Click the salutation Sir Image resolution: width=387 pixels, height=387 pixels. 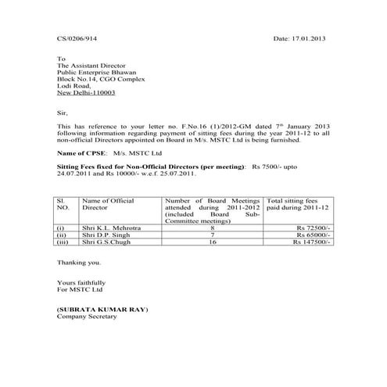pyautogui.click(x=63, y=112)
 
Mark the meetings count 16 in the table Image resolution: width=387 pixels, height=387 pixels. pyautogui.click(x=213, y=243)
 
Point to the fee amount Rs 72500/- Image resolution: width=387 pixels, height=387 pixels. pyautogui.click(x=311, y=228)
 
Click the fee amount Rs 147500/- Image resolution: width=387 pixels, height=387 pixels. pyautogui.click(x=310, y=243)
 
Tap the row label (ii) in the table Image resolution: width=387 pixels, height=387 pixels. pyautogui.click(x=61, y=235)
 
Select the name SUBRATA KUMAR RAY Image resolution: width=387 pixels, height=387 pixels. pyautogui.click(x=102, y=310)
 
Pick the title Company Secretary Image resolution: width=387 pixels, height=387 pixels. pyautogui.click(x=87, y=317)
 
